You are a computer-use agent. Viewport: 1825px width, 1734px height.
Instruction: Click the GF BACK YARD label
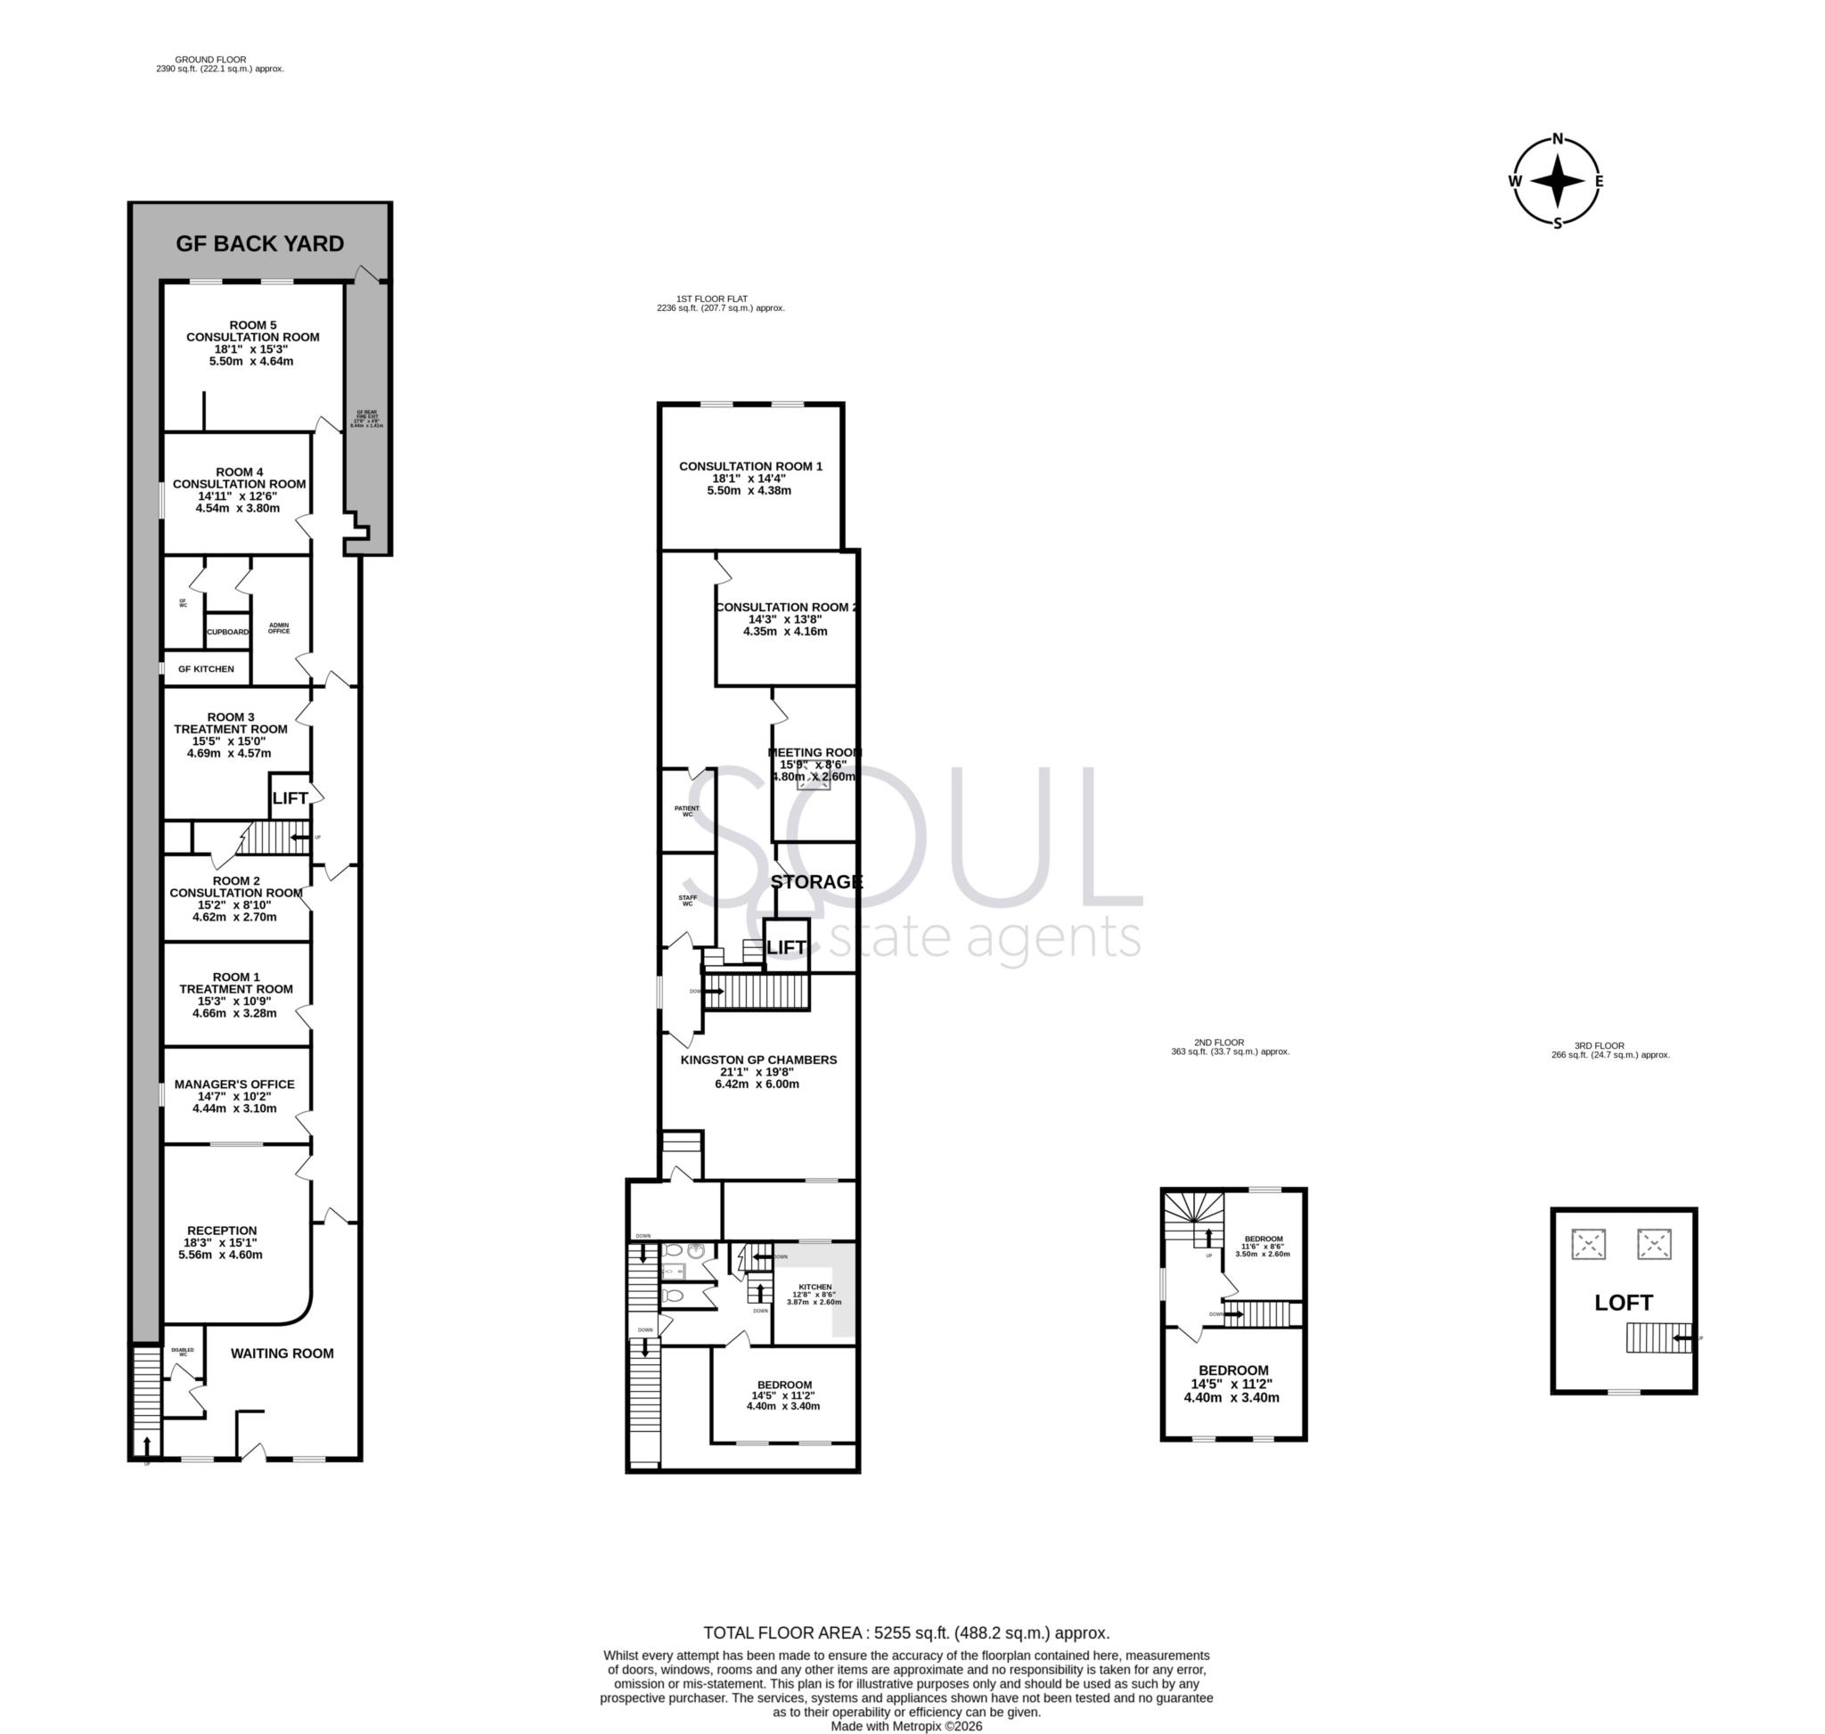point(260,243)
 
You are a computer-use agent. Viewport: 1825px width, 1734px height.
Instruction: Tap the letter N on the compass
point(1558,140)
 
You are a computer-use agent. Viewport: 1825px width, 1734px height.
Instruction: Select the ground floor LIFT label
point(290,798)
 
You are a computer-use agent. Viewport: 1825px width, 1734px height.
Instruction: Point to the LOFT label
point(1624,1304)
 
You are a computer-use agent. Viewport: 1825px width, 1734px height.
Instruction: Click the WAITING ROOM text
point(282,1354)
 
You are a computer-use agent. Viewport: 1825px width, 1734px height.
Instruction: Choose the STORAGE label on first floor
point(815,882)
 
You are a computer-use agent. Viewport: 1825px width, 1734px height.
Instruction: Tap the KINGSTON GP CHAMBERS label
point(758,1060)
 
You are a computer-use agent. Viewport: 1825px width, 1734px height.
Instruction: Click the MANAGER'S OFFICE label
point(235,1084)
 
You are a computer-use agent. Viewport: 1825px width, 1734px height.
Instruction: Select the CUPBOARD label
point(227,633)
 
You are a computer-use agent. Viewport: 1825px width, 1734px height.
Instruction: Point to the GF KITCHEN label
point(206,669)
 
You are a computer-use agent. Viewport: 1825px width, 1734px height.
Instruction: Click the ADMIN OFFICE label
point(278,628)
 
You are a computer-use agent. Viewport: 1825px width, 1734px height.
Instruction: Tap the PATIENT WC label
point(687,812)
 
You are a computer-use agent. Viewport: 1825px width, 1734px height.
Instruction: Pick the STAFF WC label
point(687,900)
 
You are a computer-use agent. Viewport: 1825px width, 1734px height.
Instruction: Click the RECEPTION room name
point(222,1231)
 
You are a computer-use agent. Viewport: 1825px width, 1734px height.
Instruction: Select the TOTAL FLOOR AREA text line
point(906,1633)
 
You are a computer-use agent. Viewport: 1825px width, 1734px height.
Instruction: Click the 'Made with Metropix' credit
point(906,1726)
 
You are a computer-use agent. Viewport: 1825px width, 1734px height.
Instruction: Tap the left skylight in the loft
point(1588,1244)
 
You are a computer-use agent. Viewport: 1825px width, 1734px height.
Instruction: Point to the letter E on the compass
point(1599,181)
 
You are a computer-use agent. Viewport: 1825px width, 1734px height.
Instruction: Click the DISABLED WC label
point(182,1353)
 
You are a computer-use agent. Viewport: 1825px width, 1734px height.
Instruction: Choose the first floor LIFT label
point(786,947)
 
